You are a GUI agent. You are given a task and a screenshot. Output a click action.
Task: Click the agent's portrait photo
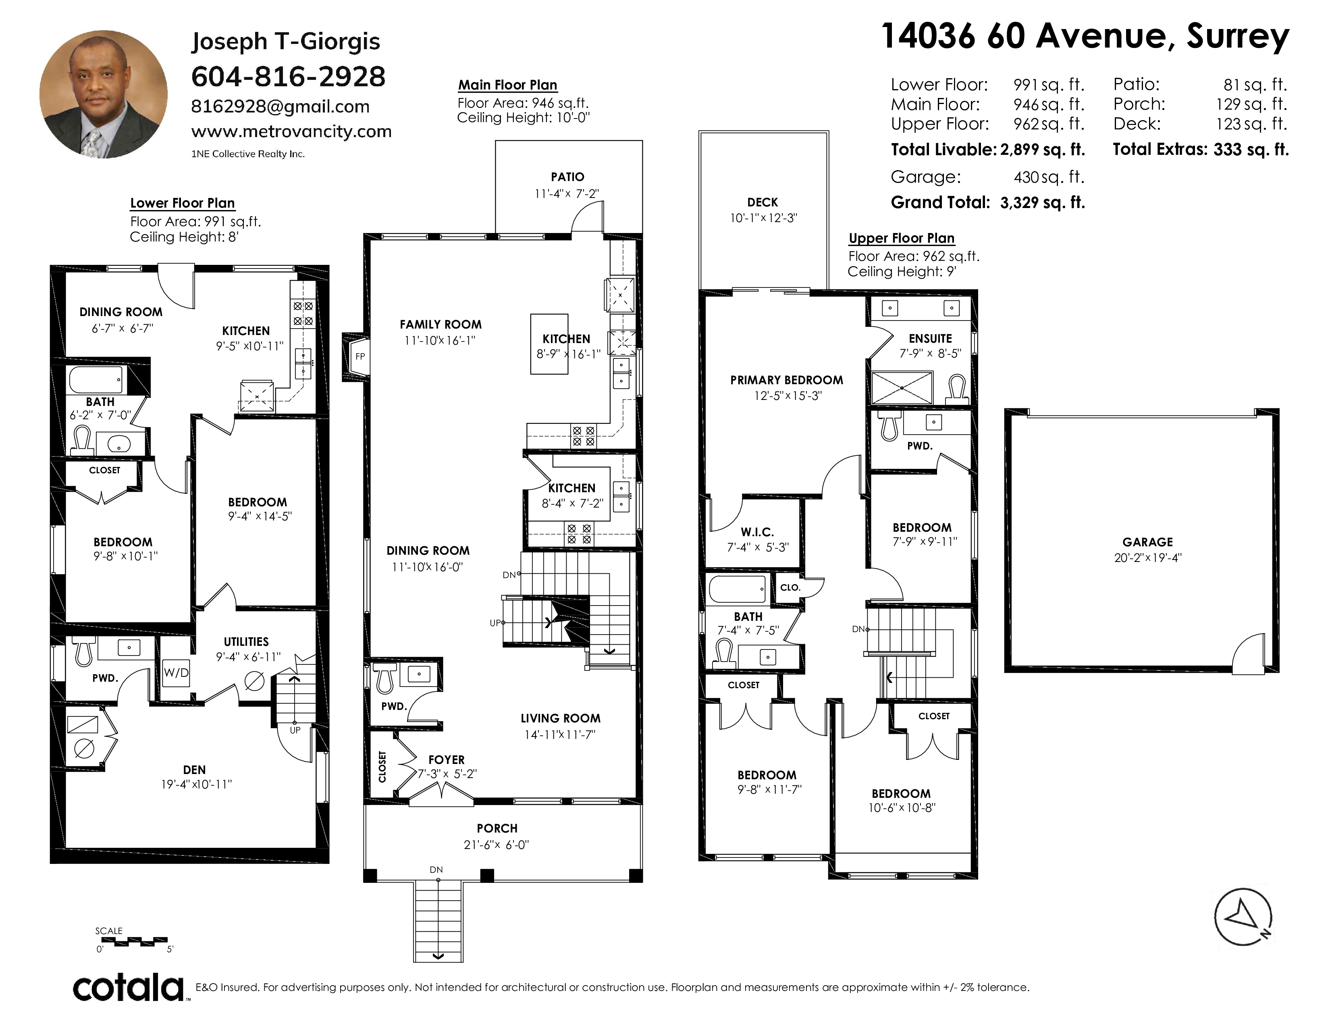pos(104,94)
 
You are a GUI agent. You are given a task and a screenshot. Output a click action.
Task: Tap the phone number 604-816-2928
pos(289,77)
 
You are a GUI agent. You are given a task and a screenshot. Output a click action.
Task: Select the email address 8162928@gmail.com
pos(280,106)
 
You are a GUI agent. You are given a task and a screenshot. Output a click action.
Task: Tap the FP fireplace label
pos(360,356)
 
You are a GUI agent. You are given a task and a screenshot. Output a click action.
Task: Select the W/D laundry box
pos(176,672)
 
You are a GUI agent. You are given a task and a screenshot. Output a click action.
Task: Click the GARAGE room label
pos(1148,541)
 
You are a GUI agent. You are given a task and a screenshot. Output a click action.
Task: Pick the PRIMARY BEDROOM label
pos(787,380)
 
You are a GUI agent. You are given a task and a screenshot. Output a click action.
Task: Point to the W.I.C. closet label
pos(758,532)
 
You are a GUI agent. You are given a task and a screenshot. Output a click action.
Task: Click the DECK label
pos(763,202)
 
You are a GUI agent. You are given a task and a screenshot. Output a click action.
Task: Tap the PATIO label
pos(567,177)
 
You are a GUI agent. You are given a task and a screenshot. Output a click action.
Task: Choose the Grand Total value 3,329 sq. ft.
pos(1043,202)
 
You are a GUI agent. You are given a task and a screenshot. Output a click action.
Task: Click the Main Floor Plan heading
pos(508,85)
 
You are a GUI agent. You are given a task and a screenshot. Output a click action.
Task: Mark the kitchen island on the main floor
pos(549,344)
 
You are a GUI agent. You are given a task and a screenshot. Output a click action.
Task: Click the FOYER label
pos(447,760)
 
